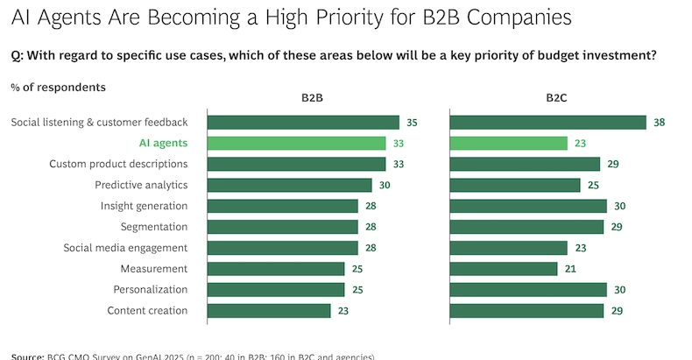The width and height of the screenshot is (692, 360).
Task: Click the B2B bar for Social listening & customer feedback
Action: coord(303,123)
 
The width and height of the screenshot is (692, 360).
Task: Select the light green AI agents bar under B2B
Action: coord(296,143)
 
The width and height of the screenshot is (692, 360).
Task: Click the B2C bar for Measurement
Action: coord(504,269)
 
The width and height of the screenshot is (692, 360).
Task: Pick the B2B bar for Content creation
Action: coord(269,310)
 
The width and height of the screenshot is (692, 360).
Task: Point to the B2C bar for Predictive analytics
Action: coord(515,185)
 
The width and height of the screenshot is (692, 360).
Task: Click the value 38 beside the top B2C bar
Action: coord(660,123)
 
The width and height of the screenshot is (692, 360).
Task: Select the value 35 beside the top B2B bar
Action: coord(413,123)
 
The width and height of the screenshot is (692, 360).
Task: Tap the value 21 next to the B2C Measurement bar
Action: coord(571,269)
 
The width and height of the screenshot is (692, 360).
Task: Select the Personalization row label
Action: coord(151,290)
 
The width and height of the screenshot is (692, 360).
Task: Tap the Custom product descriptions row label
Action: coord(118,164)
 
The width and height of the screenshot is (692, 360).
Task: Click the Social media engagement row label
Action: coord(125,248)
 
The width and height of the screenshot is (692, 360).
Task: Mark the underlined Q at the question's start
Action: coord(16,54)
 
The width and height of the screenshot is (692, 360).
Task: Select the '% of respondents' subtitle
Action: coord(59,87)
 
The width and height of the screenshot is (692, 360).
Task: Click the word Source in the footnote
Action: coord(28,356)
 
